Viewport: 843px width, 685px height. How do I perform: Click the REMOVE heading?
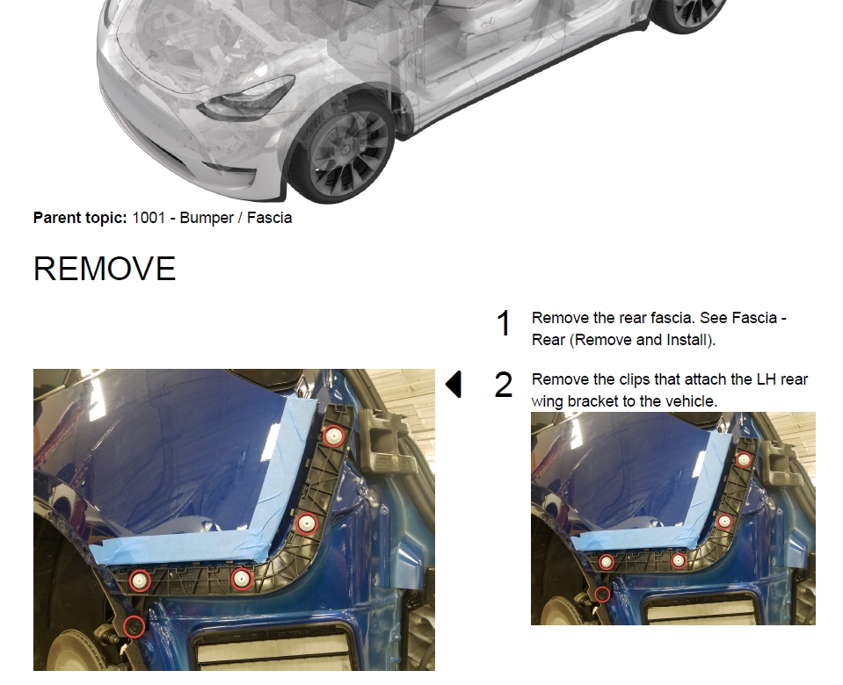[105, 268]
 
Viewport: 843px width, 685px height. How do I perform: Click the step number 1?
[503, 323]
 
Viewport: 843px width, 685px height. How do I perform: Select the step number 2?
[503, 386]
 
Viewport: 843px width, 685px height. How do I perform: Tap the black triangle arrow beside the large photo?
[454, 384]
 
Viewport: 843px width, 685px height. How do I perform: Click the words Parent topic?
[80, 218]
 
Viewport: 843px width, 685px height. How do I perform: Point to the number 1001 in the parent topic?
[149, 218]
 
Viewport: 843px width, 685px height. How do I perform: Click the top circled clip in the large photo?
[333, 436]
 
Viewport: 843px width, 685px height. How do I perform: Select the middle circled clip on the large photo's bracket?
[307, 523]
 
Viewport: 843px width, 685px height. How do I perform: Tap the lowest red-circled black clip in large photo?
[134, 626]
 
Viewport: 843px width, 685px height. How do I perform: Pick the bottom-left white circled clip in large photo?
[140, 580]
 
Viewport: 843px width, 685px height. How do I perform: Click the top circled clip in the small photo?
[744, 459]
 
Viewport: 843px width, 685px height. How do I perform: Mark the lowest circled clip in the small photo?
[603, 595]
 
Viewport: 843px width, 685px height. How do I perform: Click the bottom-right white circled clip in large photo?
[242, 579]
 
